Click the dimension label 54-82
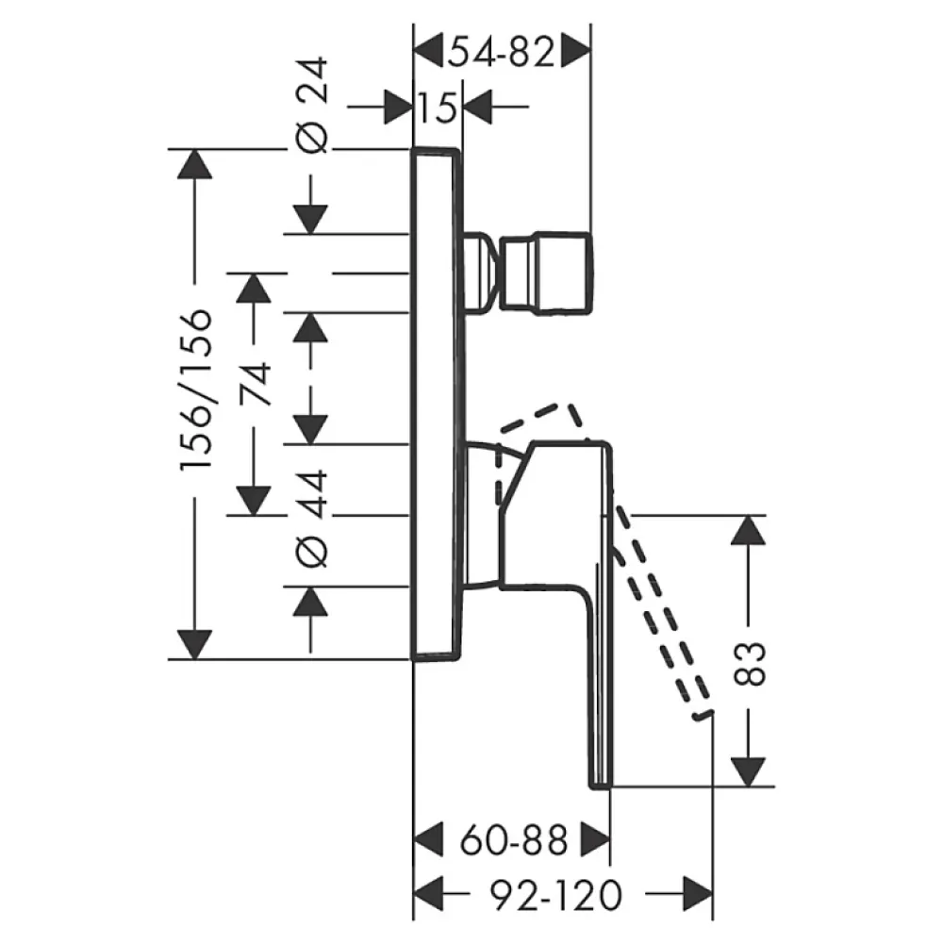(502, 53)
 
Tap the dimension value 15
(438, 108)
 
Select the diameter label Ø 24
(312, 106)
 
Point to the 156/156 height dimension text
(196, 389)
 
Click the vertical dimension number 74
(254, 385)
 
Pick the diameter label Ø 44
(312, 519)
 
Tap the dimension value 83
(749, 664)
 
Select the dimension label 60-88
(514, 840)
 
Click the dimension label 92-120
(554, 895)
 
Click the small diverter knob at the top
(529, 273)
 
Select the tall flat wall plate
(437, 404)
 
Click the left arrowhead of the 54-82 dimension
(429, 53)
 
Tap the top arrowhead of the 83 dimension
(748, 530)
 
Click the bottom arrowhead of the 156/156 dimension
(195, 645)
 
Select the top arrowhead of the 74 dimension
(254, 288)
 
